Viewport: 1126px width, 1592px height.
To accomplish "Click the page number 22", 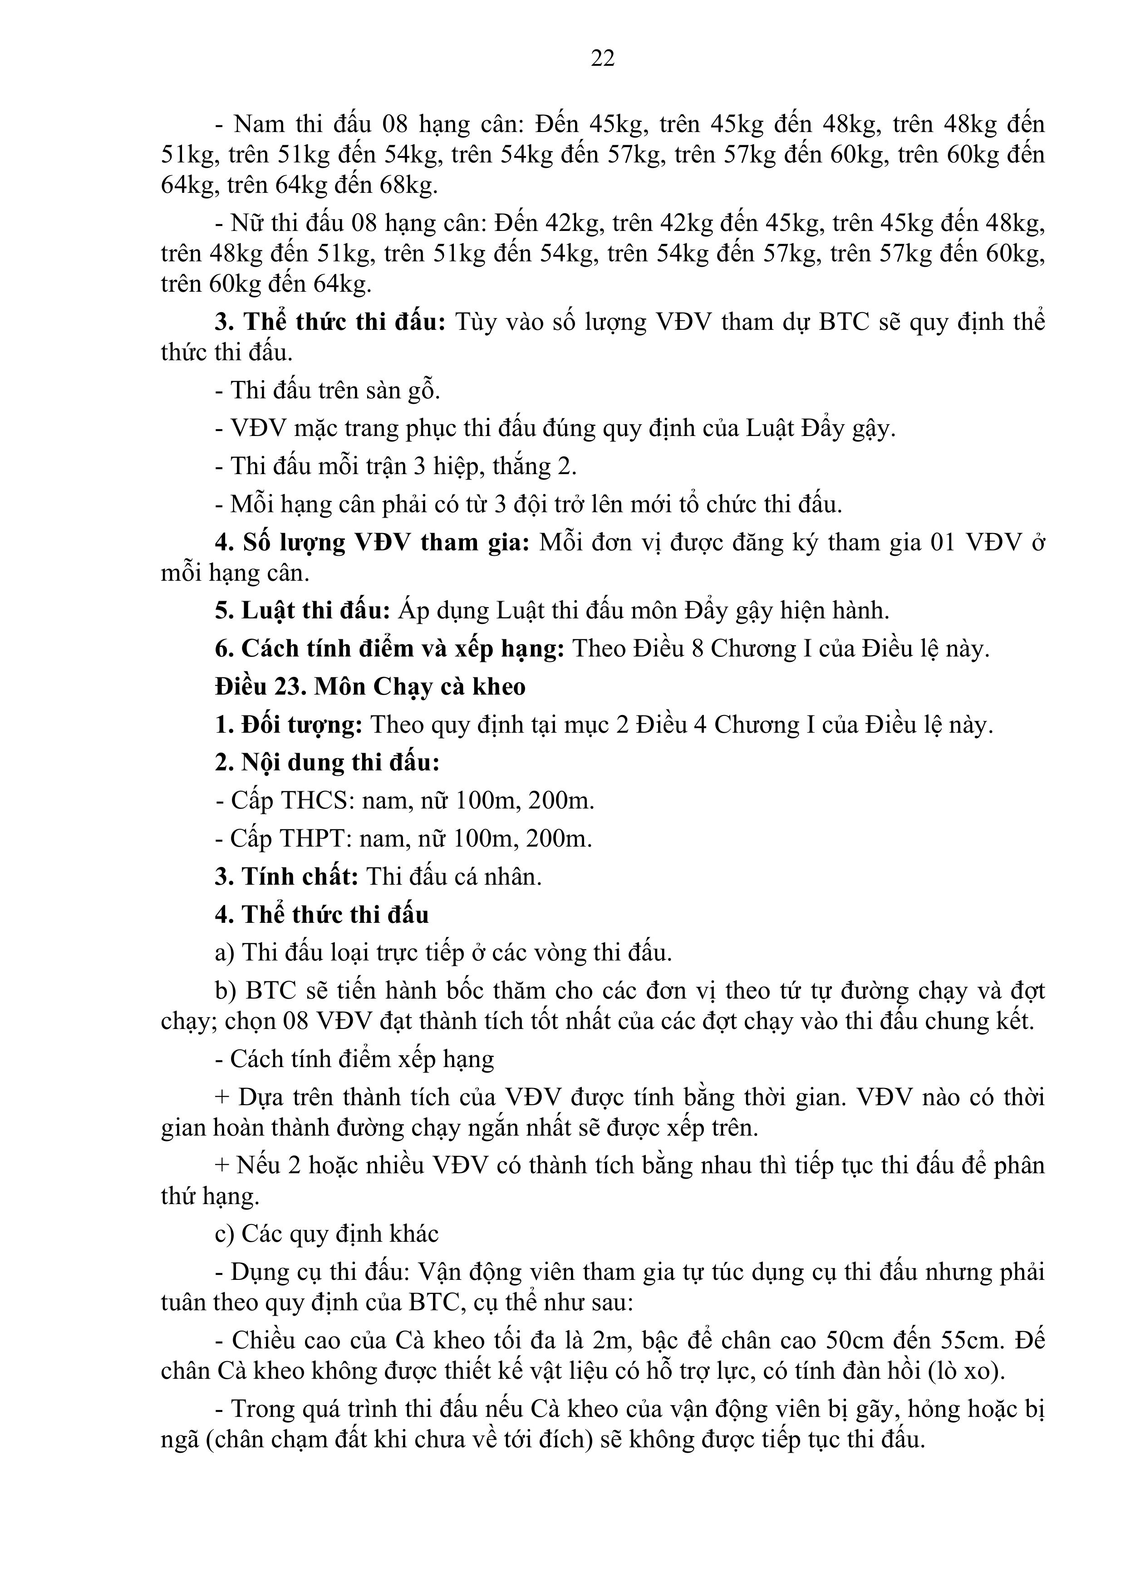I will pos(602,58).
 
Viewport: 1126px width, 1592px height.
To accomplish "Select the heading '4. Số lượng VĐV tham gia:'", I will pos(372,542).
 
